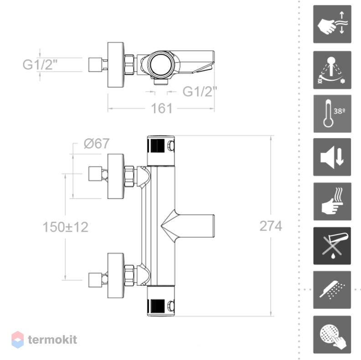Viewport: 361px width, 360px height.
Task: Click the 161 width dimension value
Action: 162,108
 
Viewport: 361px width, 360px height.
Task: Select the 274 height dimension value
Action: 271,226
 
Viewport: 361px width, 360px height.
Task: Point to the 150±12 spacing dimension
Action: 66,227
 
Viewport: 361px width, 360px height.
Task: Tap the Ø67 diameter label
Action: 97,144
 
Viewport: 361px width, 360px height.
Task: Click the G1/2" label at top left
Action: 40,64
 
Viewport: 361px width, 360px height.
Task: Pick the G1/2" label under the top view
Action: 200,92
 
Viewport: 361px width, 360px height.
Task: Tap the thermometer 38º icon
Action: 332,114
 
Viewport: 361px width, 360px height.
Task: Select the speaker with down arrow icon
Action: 332,157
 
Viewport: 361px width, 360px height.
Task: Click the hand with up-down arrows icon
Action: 332,24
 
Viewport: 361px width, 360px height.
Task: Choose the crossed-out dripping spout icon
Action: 332,246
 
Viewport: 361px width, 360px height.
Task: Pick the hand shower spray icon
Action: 332,290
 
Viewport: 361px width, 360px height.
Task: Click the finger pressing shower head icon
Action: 332,334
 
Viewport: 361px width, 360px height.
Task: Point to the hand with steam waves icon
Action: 332,201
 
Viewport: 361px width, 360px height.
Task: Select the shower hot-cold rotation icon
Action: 332,70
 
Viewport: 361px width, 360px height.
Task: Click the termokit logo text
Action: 52,339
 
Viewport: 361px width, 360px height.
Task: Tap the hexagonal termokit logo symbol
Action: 17,339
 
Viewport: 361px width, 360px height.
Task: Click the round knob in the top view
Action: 160,64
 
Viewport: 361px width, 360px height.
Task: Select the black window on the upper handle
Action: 158,146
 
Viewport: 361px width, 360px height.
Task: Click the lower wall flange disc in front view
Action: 116,276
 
